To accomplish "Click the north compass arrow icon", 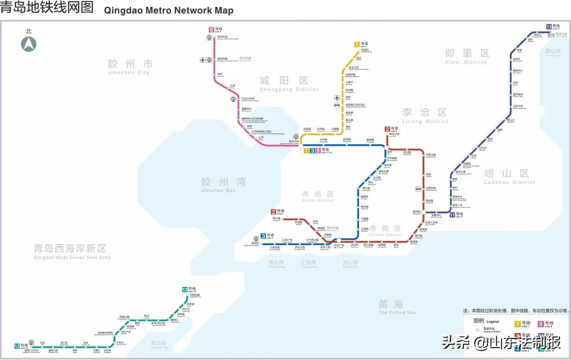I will click(29, 44).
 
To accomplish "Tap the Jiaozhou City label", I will click(130, 67).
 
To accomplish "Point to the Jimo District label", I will click(466, 56).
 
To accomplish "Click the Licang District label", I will click(425, 115).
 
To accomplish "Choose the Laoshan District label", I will click(509, 176).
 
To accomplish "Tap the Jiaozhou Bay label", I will click(223, 184).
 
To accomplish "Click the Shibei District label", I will click(317, 197).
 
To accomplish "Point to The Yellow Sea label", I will click(397, 307).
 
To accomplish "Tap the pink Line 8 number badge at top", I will click(211, 30).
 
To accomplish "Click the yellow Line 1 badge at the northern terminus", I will click(357, 44).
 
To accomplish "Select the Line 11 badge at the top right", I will click(549, 26).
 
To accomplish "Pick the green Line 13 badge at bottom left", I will click(17, 346).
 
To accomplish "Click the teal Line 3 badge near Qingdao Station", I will click(263, 236).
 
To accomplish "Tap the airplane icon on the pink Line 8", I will click(202, 59).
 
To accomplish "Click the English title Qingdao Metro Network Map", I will click(169, 10).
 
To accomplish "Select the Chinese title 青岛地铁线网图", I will click(47, 8).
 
